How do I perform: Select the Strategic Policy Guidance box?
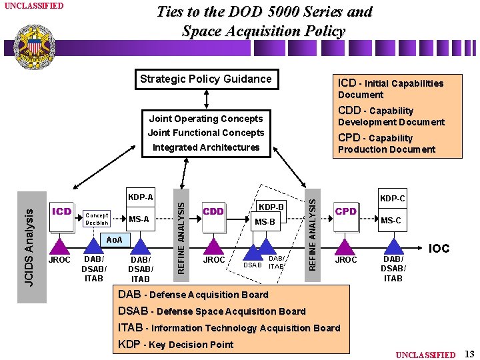206,79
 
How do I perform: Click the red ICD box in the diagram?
61,212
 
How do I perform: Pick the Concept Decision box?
97,219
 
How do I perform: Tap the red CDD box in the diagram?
214,212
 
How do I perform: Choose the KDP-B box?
271,207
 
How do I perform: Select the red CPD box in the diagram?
346,212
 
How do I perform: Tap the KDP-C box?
392,199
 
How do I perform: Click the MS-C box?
391,221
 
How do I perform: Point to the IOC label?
439,249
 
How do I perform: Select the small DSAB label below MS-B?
252,265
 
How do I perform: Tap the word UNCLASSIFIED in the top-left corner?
34,6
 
